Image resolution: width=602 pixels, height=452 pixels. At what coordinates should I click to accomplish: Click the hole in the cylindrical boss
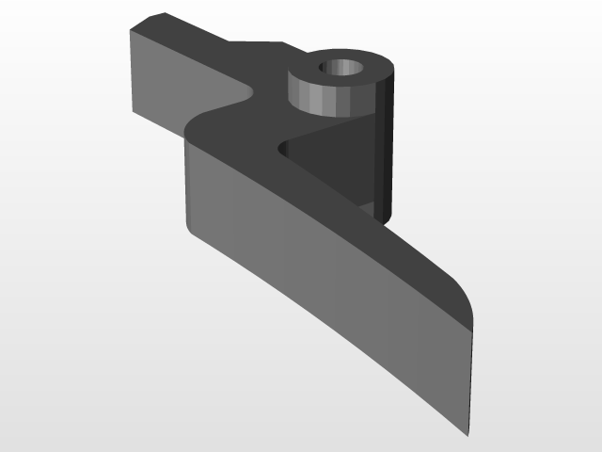pos(341,69)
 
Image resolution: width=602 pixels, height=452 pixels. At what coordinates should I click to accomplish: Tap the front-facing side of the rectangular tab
pos(179,94)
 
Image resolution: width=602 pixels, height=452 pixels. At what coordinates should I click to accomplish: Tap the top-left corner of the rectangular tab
pos(128,28)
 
